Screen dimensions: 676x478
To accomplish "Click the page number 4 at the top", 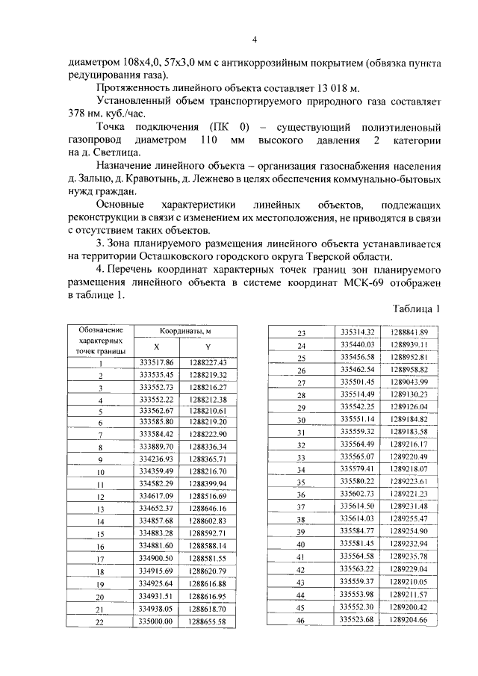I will tap(254, 40).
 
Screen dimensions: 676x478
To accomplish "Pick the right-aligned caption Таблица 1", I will tap(414, 308).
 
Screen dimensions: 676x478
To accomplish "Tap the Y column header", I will tap(208, 347).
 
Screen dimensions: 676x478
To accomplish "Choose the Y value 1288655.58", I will tap(208, 621).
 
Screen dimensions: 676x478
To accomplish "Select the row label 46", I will tap(302, 620).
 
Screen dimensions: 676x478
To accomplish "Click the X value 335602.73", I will tap(356, 494).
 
